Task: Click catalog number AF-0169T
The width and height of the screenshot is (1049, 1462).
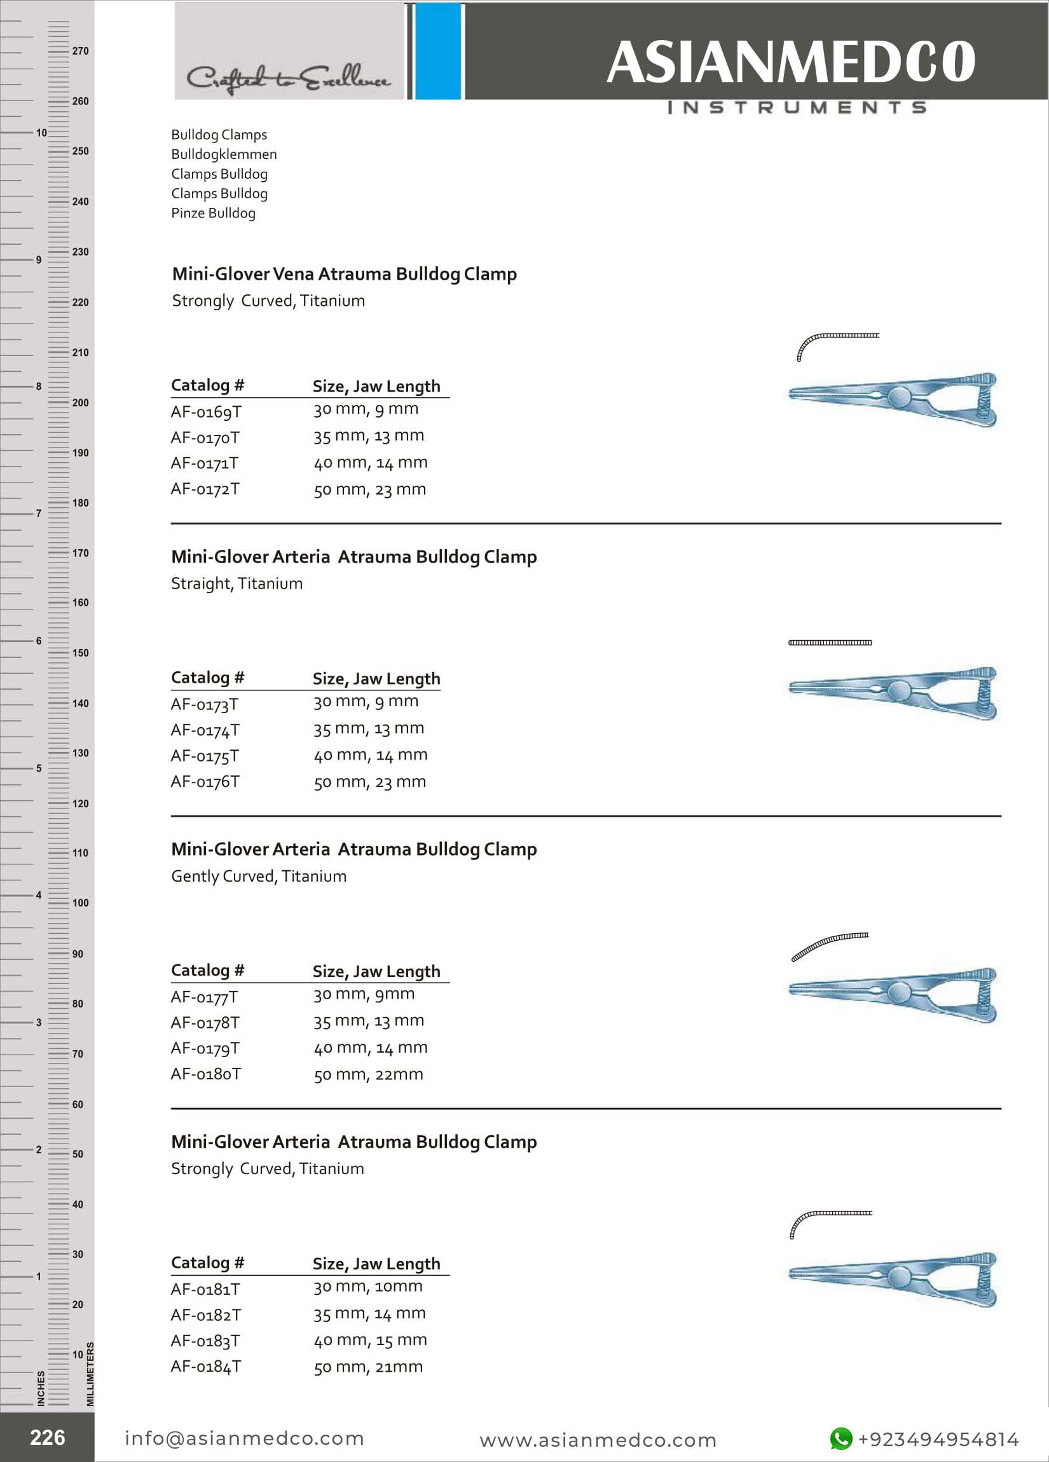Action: [x=206, y=412]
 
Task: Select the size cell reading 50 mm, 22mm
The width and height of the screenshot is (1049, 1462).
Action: [x=368, y=1075]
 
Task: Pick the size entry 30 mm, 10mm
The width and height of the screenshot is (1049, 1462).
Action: [x=367, y=1287]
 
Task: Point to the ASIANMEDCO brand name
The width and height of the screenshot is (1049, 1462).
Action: [x=790, y=62]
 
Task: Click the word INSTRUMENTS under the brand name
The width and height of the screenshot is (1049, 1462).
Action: [x=797, y=107]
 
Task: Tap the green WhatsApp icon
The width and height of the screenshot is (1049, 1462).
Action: [x=840, y=1438]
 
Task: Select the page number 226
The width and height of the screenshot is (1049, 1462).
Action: [x=47, y=1437]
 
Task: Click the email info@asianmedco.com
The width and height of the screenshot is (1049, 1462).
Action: [x=244, y=1438]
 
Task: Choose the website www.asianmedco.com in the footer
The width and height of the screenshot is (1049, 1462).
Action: [x=598, y=1440]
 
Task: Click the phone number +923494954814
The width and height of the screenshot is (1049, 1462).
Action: [x=938, y=1440]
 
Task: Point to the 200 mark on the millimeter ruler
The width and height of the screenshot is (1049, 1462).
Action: [x=80, y=403]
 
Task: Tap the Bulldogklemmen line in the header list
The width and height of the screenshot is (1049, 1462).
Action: [x=224, y=154]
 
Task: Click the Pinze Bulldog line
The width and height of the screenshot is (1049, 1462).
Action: [x=213, y=214]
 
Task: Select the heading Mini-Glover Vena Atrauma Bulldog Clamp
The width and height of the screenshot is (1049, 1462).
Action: [x=345, y=274]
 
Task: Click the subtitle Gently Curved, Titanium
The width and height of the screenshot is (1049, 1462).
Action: [x=259, y=876]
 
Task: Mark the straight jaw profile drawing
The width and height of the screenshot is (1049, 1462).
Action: [x=830, y=643]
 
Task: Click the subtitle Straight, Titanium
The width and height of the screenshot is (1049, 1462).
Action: [x=237, y=584]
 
